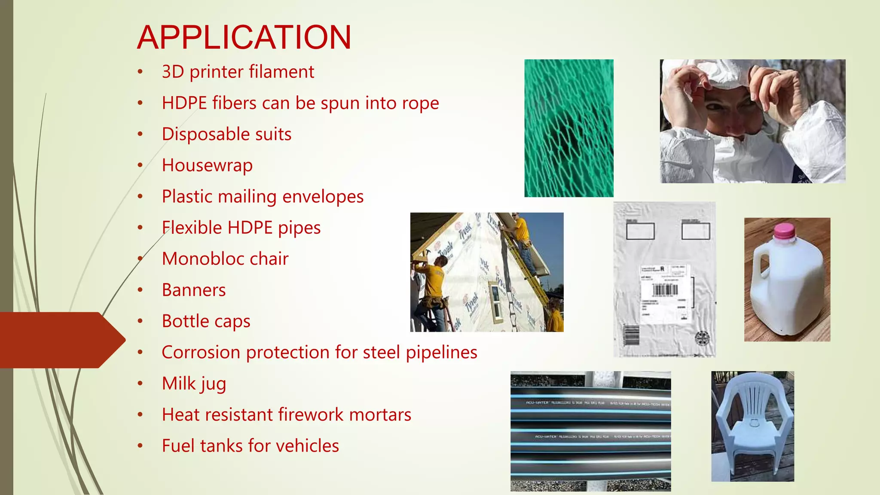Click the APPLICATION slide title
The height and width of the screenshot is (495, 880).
pyautogui.click(x=244, y=37)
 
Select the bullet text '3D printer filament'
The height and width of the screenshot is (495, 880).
pyautogui.click(x=238, y=72)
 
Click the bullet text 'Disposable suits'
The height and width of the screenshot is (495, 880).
pyautogui.click(x=226, y=134)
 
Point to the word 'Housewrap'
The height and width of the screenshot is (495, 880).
pyautogui.click(x=207, y=165)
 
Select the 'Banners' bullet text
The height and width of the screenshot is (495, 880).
pyautogui.click(x=194, y=290)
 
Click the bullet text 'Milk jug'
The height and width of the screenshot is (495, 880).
pyautogui.click(x=194, y=384)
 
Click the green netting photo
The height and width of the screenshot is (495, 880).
pyautogui.click(x=569, y=128)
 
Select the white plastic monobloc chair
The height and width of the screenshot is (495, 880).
pyautogui.click(x=752, y=425)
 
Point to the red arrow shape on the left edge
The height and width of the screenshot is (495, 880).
pyautogui.click(x=60, y=340)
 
